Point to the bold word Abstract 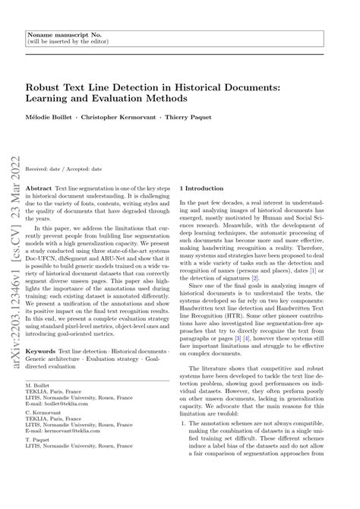(x=39, y=186)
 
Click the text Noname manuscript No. (x=58, y=34)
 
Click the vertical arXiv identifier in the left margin (x=13, y=228)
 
